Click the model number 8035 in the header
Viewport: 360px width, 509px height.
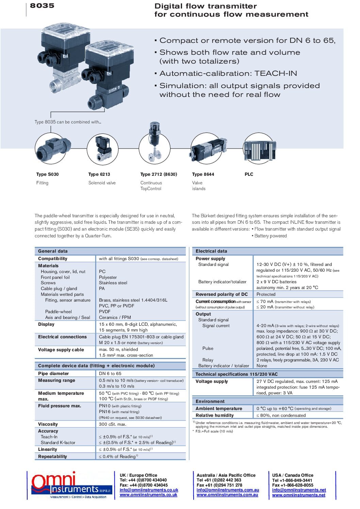point(42,5)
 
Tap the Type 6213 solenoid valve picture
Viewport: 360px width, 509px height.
point(102,149)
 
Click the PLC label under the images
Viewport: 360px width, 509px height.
point(249,174)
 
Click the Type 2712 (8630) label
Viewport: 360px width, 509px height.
point(159,174)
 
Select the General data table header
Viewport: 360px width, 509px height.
point(53,251)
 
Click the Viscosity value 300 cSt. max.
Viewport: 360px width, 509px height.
point(112,424)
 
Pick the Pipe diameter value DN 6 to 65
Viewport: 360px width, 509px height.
point(110,373)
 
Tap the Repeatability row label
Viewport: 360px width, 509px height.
point(52,456)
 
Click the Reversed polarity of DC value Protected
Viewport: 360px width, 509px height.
point(266,294)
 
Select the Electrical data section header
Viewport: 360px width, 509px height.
point(211,251)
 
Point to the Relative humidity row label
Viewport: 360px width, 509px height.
point(214,415)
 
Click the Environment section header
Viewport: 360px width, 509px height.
point(210,401)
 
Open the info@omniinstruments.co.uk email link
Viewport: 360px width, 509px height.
point(149,490)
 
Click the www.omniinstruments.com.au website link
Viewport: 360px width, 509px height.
point(227,495)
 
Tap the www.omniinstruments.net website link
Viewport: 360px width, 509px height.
point(298,495)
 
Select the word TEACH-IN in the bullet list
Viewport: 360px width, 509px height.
point(276,73)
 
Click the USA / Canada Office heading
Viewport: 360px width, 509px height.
point(293,475)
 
